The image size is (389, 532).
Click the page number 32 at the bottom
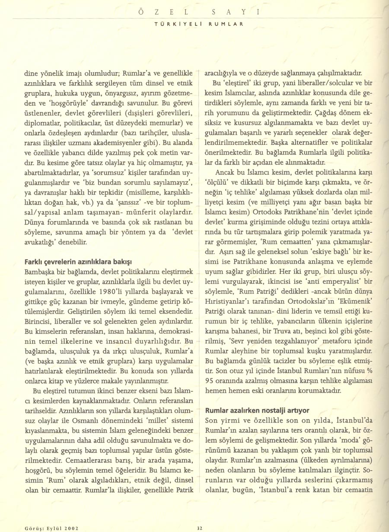pos(200,527)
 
